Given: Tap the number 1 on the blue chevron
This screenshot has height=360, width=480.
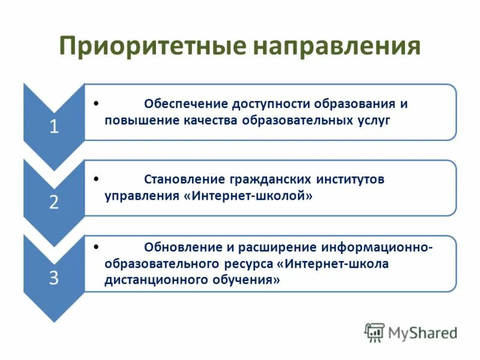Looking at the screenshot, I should click(x=54, y=127).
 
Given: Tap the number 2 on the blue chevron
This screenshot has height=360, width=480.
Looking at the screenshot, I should click(x=54, y=203).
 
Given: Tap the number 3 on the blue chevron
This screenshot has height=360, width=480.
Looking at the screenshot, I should click(x=54, y=278).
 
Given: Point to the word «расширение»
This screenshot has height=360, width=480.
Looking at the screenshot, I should click(x=278, y=247).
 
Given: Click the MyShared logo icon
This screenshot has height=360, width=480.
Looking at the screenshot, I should click(x=374, y=332).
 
